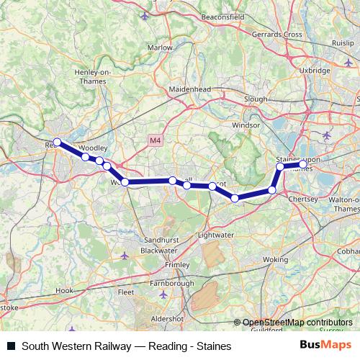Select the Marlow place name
160,48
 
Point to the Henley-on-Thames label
91,76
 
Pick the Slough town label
256,99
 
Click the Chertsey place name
302,198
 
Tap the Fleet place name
126,292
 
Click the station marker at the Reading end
58,143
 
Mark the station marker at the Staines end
303,165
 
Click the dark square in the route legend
11,346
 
